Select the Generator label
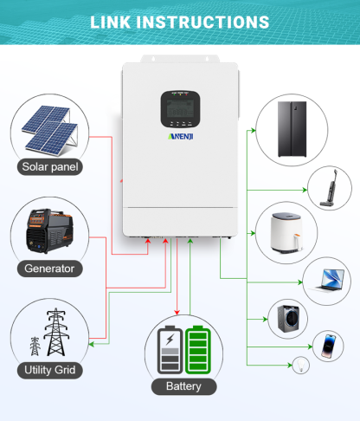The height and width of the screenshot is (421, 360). pyautogui.click(x=50, y=269)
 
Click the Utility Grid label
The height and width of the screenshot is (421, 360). pyautogui.click(x=50, y=371)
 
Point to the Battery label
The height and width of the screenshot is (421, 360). pyautogui.click(x=183, y=386)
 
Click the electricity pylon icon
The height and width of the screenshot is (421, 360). pyautogui.click(x=54, y=334)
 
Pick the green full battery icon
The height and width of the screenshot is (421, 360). pyautogui.click(x=198, y=349)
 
